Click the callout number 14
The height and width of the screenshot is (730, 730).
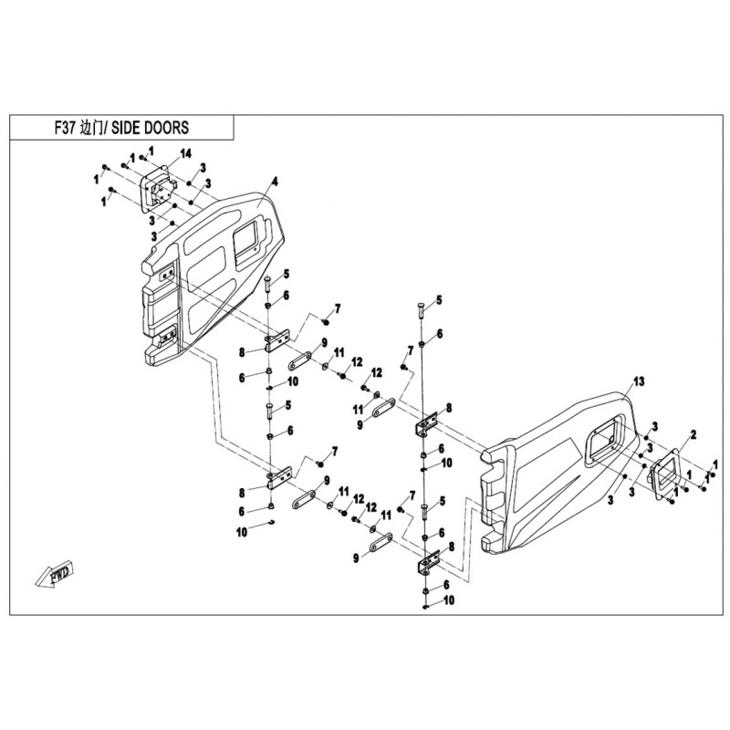point(186,154)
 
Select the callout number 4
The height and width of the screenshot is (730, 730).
point(276,182)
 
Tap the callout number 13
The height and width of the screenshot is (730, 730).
point(639,381)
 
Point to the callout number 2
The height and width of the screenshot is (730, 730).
point(693,435)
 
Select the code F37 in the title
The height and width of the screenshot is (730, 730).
point(65,128)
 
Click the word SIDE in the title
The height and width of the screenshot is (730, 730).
point(126,128)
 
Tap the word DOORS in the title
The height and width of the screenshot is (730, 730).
point(166,128)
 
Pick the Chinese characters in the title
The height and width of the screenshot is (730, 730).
point(90,128)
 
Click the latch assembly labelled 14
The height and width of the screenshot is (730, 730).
point(159,189)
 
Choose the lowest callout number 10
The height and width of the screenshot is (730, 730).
point(448,600)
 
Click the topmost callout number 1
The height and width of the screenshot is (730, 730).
point(151,151)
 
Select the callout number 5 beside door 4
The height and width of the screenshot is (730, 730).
point(286,274)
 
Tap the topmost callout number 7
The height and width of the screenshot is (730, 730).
point(337,308)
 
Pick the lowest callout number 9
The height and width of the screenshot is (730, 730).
point(356,558)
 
